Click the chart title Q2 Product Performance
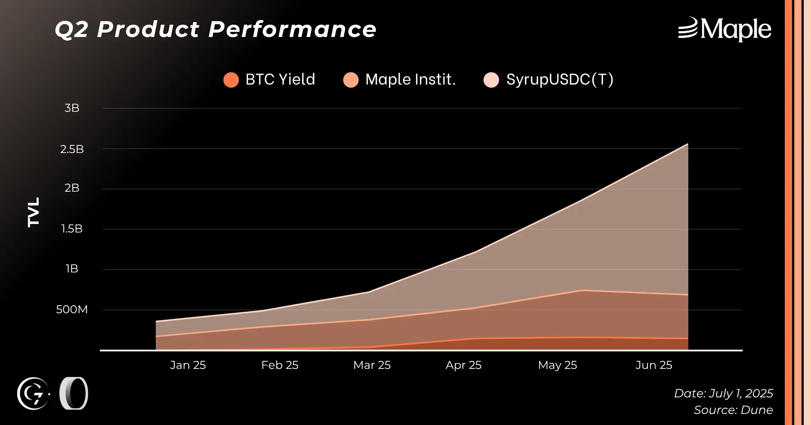pyautogui.click(x=215, y=30)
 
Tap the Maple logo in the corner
pyautogui.click(x=724, y=29)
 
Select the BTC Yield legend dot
pyautogui.click(x=231, y=80)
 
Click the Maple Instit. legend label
pyautogui.click(x=410, y=79)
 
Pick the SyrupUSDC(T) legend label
pyautogui.click(x=559, y=79)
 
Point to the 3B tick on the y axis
pyautogui.click(x=72, y=108)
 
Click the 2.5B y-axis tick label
pyautogui.click(x=72, y=149)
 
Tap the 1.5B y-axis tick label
pyautogui.click(x=72, y=229)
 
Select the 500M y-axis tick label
pyautogui.click(x=72, y=309)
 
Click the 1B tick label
pyautogui.click(x=72, y=269)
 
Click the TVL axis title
pyautogui.click(x=34, y=212)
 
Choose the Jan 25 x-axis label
pyautogui.click(x=188, y=365)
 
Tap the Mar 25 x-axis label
pyautogui.click(x=372, y=365)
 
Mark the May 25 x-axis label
pyautogui.click(x=557, y=365)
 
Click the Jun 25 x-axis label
pyautogui.click(x=653, y=365)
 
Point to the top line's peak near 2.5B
pyautogui.click(x=687, y=144)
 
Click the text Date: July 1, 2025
pyautogui.click(x=723, y=393)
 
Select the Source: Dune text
pyautogui.click(x=733, y=410)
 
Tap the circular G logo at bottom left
pyautogui.click(x=33, y=394)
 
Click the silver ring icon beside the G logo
pyautogui.click(x=73, y=393)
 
